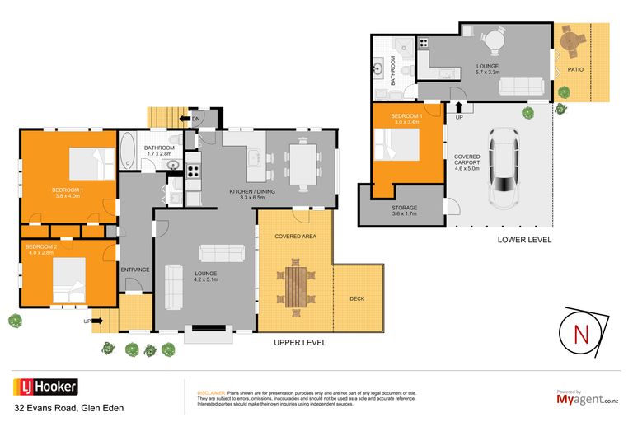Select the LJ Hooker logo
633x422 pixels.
click(x=45, y=387)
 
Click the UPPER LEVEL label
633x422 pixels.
click(x=300, y=342)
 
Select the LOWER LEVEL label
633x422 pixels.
click(x=524, y=240)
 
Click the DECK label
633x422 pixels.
click(x=357, y=298)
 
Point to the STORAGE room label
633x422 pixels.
click(x=404, y=208)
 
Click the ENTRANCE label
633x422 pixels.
click(x=135, y=270)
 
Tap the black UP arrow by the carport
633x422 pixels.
click(x=459, y=106)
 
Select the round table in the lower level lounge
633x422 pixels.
click(x=492, y=37)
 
